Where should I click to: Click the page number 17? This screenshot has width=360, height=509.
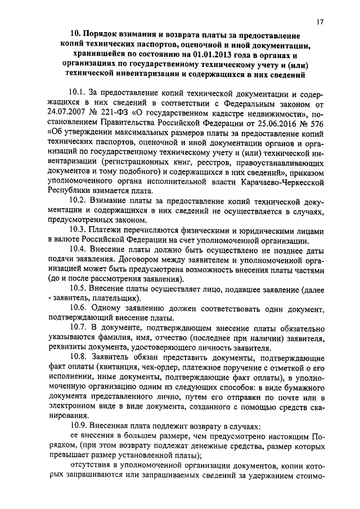coord(319,22)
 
